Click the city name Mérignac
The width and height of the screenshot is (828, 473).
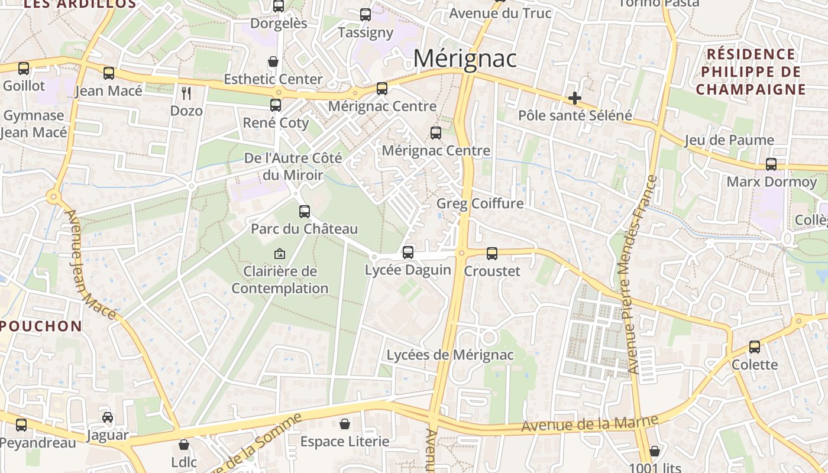click(465, 59)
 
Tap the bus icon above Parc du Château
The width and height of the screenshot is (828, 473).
click(305, 211)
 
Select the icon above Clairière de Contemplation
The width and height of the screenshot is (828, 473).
click(280, 254)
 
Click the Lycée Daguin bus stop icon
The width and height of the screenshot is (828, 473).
click(408, 252)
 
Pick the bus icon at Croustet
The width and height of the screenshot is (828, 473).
click(492, 254)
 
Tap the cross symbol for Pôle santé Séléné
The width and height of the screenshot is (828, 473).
click(574, 98)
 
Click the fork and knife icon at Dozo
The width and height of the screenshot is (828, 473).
click(186, 93)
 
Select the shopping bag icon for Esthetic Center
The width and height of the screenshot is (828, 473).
click(273, 61)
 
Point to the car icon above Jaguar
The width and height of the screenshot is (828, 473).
click(107, 417)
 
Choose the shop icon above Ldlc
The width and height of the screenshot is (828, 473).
click(184, 444)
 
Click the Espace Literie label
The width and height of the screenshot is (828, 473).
click(345, 442)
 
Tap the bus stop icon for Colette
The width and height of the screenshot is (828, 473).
click(755, 347)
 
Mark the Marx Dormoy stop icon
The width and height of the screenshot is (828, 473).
click(771, 164)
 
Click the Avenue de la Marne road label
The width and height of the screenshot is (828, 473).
click(590, 423)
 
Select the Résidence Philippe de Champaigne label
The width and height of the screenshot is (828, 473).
click(751, 72)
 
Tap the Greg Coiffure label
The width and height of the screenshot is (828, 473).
click(480, 204)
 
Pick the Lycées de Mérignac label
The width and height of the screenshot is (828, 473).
click(450, 355)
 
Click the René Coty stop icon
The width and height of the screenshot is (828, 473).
click(276, 105)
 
